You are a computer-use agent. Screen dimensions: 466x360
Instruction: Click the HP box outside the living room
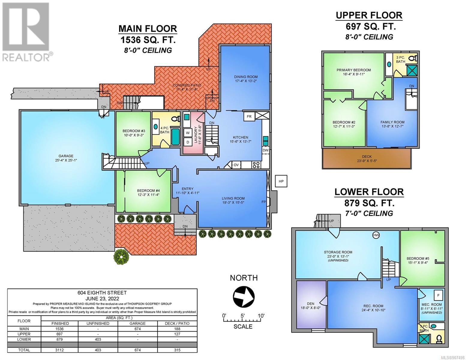(281, 181)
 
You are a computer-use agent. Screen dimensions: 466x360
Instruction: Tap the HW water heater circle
(376, 235)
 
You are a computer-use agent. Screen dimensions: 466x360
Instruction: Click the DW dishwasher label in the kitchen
(266, 150)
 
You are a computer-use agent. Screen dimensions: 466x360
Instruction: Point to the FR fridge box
(249, 117)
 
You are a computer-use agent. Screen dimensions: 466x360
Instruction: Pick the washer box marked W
(188, 133)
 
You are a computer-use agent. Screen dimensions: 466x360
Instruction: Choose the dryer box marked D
(188, 142)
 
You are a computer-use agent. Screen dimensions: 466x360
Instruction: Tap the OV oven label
(236, 165)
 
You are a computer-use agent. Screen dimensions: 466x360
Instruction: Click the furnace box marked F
(438, 295)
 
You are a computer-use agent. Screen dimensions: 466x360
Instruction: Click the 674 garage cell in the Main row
(137, 329)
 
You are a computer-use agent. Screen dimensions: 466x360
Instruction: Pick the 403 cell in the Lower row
(98, 339)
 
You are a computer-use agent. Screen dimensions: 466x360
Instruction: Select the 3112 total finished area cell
(60, 350)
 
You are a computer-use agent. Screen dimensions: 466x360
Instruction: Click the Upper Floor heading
(369, 15)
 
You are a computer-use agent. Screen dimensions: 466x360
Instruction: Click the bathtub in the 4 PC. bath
(176, 137)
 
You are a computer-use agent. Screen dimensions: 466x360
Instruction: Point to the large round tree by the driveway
(121, 256)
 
